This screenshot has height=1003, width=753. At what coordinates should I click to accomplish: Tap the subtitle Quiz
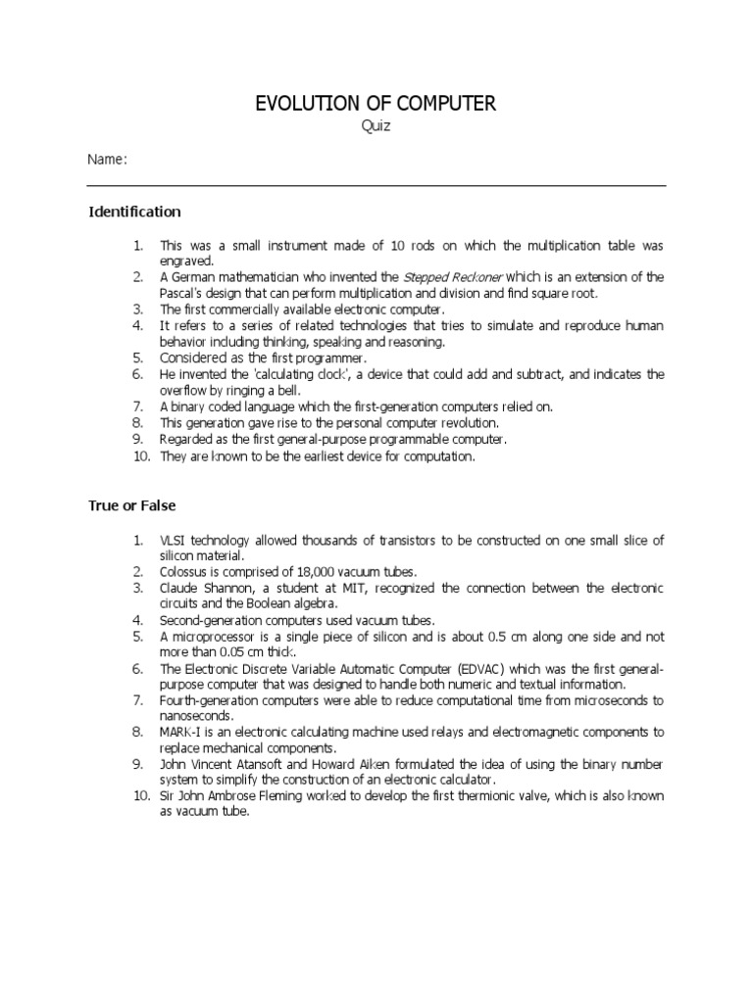tap(376, 126)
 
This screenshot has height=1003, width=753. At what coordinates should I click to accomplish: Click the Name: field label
tap(107, 160)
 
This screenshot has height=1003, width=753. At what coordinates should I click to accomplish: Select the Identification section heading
tap(135, 212)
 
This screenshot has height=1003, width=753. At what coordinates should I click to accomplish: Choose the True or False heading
tap(132, 505)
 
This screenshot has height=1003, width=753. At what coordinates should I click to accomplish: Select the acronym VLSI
tap(174, 541)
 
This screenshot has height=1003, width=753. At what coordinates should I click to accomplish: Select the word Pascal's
tap(183, 293)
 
